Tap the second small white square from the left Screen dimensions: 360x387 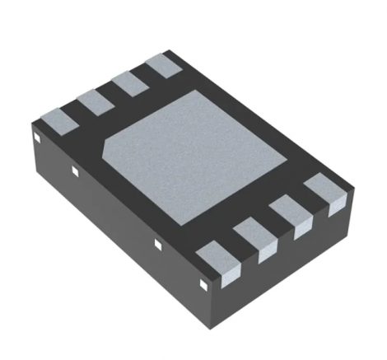pos(74,171)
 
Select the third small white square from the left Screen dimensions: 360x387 pos(157,244)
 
